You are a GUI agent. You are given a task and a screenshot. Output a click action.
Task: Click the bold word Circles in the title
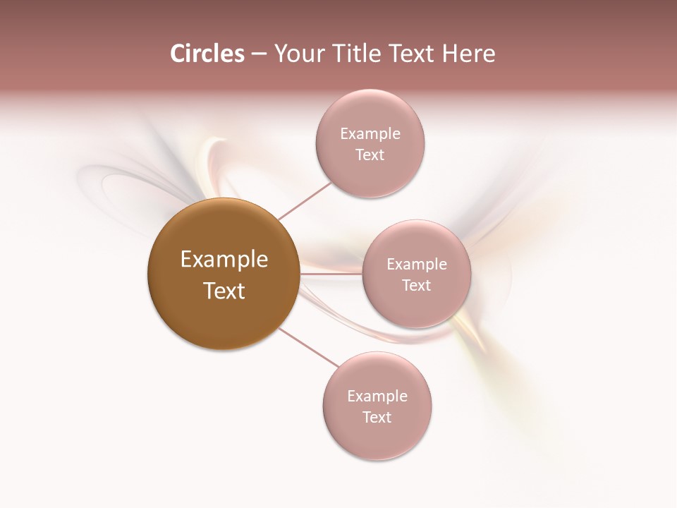point(207,54)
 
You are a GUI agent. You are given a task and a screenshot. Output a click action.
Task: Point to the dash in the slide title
point(259,54)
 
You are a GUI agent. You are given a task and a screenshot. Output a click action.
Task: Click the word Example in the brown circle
point(224,260)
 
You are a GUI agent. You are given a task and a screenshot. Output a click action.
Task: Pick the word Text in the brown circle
point(224,291)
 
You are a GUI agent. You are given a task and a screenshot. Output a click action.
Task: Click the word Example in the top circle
point(370,133)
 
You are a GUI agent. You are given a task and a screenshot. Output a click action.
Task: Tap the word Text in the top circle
point(370,155)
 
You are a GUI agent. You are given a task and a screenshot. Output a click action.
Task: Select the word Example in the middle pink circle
point(417,264)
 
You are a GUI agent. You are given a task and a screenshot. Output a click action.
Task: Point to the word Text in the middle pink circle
point(417,285)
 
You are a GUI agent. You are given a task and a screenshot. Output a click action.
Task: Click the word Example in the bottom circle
point(377,396)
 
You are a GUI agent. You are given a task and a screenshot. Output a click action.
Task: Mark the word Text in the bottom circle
point(377,417)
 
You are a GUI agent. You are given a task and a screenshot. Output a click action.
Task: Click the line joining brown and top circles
point(305,200)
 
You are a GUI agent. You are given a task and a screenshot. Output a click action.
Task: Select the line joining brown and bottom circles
point(309,348)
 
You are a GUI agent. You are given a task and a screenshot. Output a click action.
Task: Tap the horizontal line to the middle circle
point(331,274)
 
